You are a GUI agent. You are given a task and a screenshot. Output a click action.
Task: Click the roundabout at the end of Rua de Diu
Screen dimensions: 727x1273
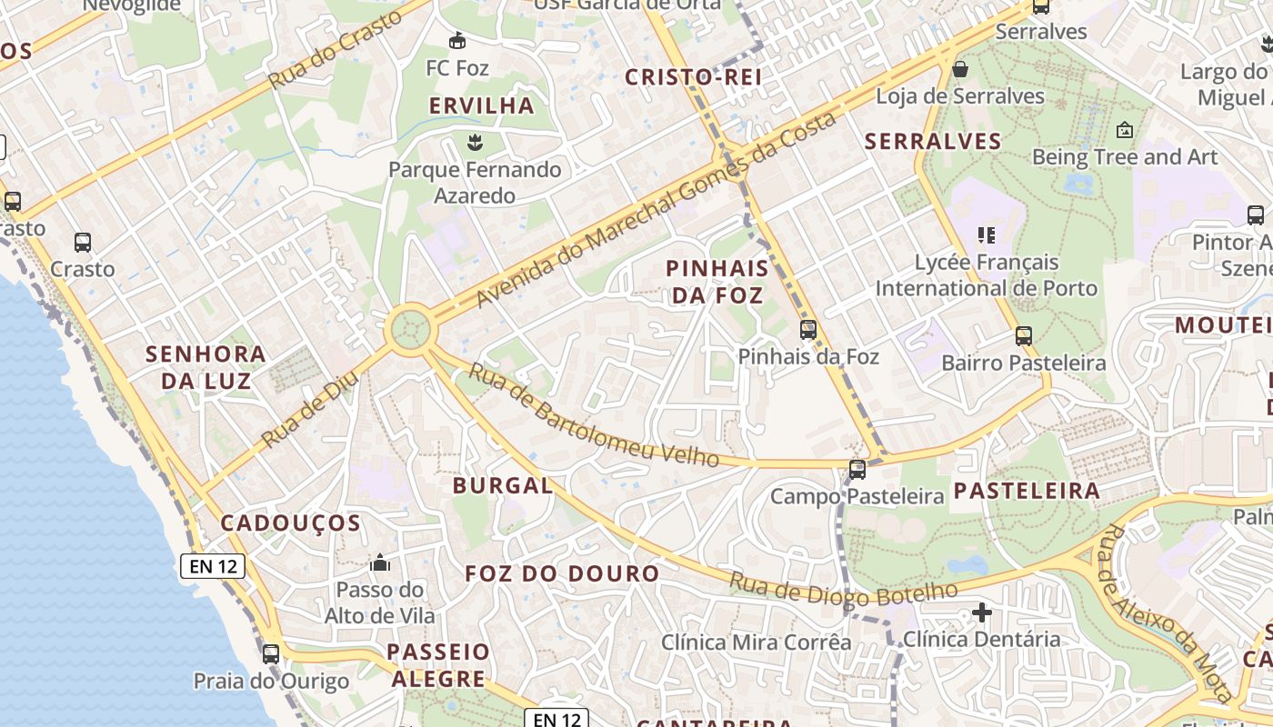[409, 328]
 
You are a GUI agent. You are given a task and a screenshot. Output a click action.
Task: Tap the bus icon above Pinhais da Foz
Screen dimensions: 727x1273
[807, 329]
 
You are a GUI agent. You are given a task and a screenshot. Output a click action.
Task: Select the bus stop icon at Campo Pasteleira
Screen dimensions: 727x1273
[857, 470]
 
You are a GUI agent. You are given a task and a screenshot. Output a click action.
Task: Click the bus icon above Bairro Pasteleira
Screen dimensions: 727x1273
[1024, 336]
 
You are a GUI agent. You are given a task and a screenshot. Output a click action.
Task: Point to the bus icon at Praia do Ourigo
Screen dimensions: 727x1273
[270, 654]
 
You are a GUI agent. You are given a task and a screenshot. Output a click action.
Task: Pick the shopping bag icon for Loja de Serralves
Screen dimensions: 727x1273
[959, 69]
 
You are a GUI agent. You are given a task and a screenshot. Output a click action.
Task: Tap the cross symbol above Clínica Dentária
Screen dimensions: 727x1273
[981, 612]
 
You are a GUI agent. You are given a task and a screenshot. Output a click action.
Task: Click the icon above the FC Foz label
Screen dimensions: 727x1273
[457, 41]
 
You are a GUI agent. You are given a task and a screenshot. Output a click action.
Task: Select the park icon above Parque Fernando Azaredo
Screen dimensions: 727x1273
[473, 142]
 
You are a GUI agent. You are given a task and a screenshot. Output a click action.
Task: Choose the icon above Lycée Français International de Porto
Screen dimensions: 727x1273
[987, 236]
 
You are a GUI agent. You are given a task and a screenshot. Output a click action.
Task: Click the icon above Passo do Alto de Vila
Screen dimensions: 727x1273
[380, 563]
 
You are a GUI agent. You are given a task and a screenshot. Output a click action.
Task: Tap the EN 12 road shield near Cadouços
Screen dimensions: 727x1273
[214, 566]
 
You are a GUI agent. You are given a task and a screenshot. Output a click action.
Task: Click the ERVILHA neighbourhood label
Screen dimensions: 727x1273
[482, 105]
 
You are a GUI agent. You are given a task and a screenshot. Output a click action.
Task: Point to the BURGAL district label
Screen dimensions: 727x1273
[503, 485]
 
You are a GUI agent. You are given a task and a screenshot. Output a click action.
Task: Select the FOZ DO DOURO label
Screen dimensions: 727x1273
[562, 573]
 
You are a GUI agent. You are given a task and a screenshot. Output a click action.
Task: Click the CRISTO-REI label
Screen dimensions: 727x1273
[693, 77]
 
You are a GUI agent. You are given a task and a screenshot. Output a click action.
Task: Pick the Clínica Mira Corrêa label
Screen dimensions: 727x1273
[756, 642]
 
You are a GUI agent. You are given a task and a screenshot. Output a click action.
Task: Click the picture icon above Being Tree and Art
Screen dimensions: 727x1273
[1124, 131]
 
